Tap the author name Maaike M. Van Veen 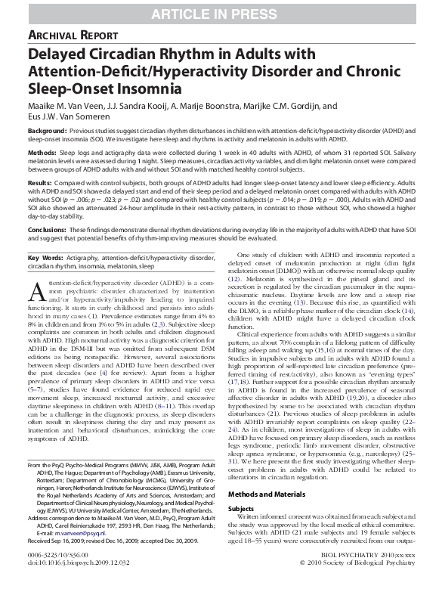(75, 107)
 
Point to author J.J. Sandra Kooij (159, 107)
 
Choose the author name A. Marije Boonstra (236, 107)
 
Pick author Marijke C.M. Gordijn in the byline (323, 107)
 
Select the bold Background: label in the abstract (46, 132)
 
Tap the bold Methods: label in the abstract (42, 152)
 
